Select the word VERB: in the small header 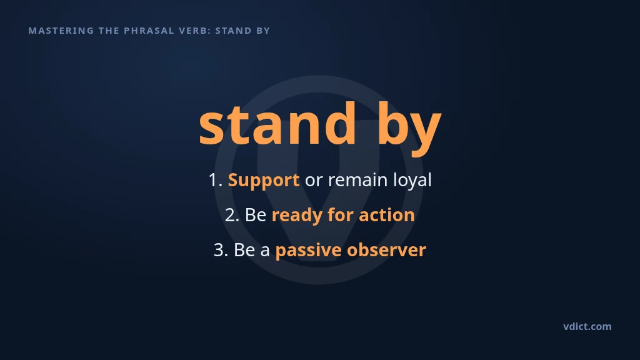(x=195, y=31)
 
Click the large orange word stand (x=277, y=124)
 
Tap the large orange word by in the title (x=409, y=128)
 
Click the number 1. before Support (x=216, y=180)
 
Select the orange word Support (x=264, y=181)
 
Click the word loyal (x=412, y=181)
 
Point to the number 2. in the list (x=232, y=215)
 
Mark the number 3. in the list (x=221, y=250)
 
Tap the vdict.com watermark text (x=587, y=326)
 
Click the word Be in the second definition (x=256, y=215)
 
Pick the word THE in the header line (x=109, y=31)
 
